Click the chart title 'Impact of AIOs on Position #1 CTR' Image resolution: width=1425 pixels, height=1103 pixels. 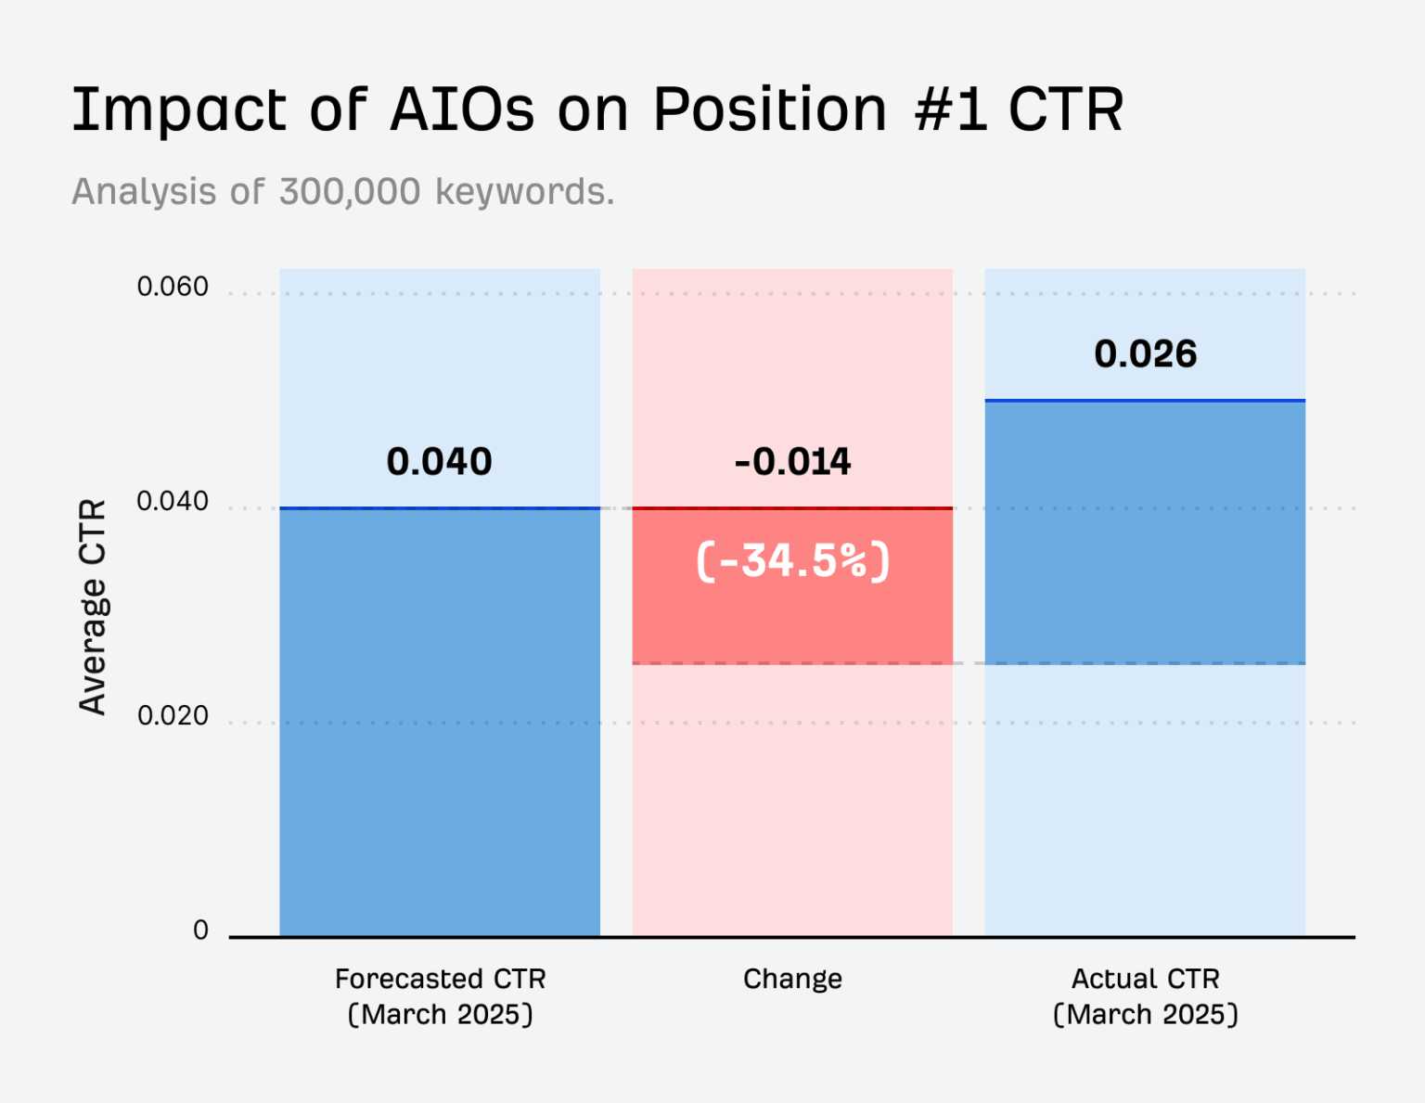(x=597, y=109)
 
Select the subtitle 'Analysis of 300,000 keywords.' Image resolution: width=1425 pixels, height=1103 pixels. (x=342, y=192)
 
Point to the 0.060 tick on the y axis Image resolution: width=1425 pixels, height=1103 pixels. (x=173, y=287)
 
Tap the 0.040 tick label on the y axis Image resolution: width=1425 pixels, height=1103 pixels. (x=173, y=501)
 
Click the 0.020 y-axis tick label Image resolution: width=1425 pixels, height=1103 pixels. (x=173, y=716)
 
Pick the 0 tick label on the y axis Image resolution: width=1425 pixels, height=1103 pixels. (x=200, y=930)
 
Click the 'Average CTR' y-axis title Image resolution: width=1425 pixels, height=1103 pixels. (x=93, y=607)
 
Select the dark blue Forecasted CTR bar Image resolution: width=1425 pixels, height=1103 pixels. (x=440, y=724)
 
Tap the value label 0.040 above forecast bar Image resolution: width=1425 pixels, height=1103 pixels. (x=439, y=462)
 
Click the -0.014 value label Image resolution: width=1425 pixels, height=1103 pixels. (x=792, y=462)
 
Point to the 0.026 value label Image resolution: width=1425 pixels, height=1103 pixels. (x=1145, y=354)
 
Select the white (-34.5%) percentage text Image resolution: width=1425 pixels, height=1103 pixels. (x=792, y=561)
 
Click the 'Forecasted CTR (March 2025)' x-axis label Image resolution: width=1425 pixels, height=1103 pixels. (x=440, y=996)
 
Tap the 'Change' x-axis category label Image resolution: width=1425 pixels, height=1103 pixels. (x=792, y=979)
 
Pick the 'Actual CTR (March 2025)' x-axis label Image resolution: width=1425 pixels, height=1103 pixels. (x=1145, y=996)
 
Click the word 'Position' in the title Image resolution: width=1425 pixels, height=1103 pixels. (x=769, y=109)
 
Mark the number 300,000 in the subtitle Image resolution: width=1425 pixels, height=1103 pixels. (x=350, y=192)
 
